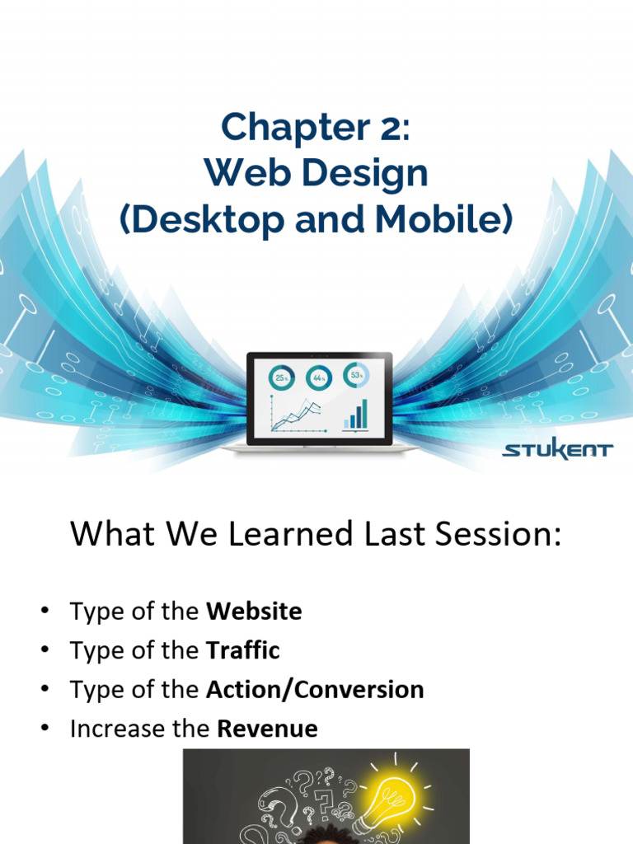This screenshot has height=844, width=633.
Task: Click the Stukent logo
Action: (557, 450)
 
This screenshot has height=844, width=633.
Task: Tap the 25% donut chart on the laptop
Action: (281, 378)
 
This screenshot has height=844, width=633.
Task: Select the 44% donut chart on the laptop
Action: (318, 378)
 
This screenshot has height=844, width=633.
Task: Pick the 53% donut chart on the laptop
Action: (356, 375)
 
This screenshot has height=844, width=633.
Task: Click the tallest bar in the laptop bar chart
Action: (363, 414)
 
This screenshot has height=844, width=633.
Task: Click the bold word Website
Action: (254, 612)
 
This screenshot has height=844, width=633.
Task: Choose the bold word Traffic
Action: (242, 650)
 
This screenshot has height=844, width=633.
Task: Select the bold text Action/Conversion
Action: (315, 689)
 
